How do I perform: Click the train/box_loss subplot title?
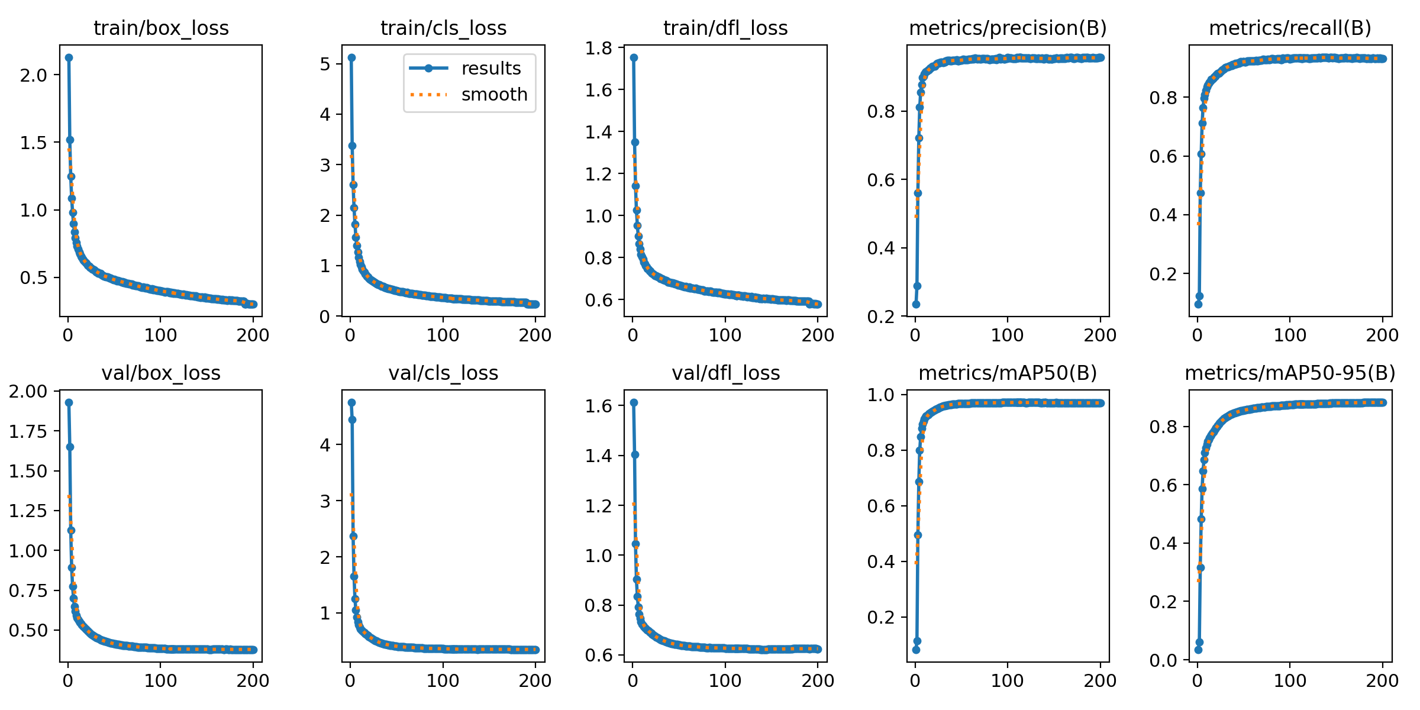coord(161,28)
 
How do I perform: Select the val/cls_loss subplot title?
coord(443,373)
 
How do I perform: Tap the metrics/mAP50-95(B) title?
coord(1290,373)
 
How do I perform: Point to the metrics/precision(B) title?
coord(1008,28)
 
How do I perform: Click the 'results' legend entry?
coord(491,69)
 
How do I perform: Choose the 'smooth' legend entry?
coord(494,95)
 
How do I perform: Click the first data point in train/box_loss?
coord(69,57)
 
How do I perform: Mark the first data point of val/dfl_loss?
coord(634,402)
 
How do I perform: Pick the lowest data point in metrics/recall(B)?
coord(1198,304)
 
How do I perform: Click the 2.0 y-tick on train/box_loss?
coord(34,75)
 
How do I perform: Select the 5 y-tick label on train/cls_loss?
coord(325,64)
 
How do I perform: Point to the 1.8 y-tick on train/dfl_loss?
coord(599,48)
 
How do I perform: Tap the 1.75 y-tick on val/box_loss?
coord(28,431)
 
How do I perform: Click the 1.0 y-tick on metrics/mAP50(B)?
coord(879,395)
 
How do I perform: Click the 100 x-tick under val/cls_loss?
coord(443,681)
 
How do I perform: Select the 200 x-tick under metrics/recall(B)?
coord(1382,335)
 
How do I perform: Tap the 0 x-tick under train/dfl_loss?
coord(632,335)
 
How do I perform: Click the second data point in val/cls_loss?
coord(352,419)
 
